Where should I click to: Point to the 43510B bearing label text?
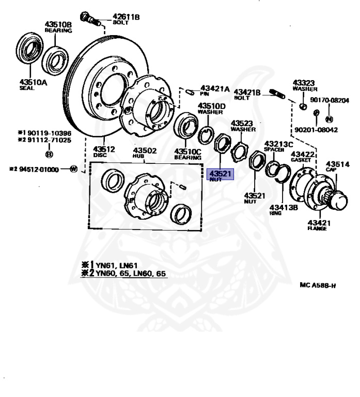[x=57, y=27]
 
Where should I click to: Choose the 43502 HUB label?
[x=145, y=152]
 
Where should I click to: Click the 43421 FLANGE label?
[x=317, y=225]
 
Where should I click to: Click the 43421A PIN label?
[x=214, y=90]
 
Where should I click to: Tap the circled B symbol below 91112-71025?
[x=49, y=154]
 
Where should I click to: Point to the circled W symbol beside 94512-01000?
[x=73, y=169]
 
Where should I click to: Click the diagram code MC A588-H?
[x=318, y=285]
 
